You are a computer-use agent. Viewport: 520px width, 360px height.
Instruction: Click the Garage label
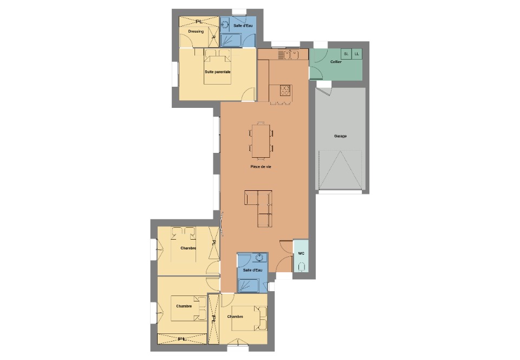click(340, 136)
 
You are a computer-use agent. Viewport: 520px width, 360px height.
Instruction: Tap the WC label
click(301, 254)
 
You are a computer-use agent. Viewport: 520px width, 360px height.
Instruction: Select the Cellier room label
click(336, 62)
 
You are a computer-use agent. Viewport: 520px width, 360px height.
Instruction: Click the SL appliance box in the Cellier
click(346, 54)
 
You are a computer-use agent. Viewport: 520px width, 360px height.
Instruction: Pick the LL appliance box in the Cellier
click(357, 54)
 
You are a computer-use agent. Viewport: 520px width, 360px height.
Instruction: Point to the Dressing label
click(196, 31)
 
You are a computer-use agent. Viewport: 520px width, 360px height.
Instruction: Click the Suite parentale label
click(218, 72)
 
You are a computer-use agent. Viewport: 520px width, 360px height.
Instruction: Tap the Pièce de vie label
click(261, 166)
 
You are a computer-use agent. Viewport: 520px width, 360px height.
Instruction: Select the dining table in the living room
click(261, 140)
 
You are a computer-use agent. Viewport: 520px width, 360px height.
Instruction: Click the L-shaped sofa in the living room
click(259, 208)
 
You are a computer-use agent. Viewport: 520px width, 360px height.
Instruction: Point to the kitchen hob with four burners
click(285, 90)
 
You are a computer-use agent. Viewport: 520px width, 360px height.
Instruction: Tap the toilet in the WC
click(302, 266)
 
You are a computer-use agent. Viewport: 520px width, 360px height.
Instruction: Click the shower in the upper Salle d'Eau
click(231, 40)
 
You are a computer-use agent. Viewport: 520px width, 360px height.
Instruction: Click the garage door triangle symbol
click(340, 170)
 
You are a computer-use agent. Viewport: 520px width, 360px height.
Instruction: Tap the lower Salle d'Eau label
click(253, 270)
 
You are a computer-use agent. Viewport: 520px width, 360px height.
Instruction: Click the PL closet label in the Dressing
click(199, 22)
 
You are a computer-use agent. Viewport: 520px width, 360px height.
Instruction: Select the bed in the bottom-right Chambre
click(249, 318)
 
